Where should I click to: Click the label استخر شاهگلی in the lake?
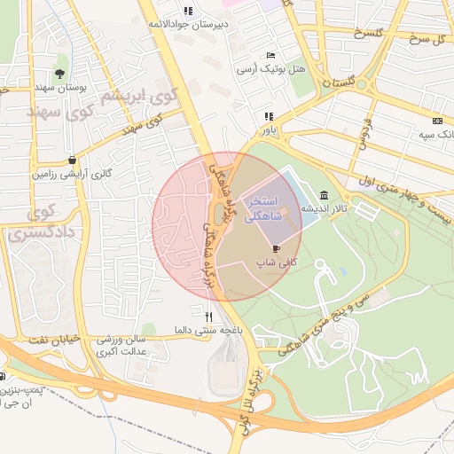(x=263, y=208)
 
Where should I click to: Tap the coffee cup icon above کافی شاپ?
(x=276, y=248)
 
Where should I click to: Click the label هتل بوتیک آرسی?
(x=270, y=68)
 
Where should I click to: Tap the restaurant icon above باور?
(x=268, y=116)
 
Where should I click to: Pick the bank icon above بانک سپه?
(x=437, y=121)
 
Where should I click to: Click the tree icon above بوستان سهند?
(x=59, y=74)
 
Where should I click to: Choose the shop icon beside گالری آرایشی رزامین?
(x=71, y=160)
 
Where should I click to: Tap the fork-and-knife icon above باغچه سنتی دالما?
(x=209, y=316)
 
